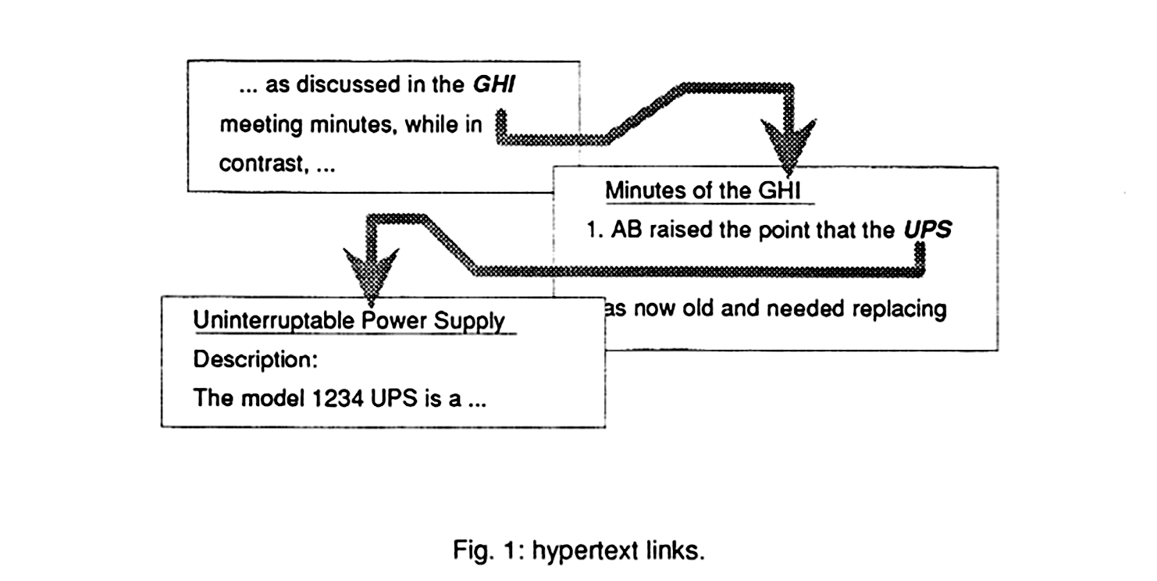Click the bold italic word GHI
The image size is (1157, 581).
494,84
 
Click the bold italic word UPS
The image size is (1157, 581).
927,231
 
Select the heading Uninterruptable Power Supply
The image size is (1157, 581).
348,321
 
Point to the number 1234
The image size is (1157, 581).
340,398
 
